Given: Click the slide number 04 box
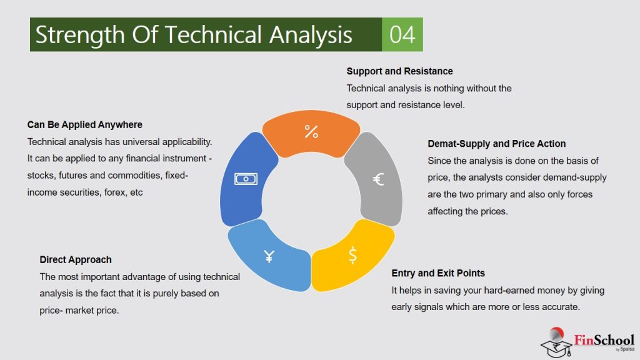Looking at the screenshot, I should (402, 34).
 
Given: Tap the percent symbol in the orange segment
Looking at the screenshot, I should (311, 131).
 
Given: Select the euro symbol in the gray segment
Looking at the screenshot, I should (378, 180).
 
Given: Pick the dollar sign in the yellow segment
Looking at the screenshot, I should (353, 255).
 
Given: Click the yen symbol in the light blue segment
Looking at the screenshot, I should (269, 256).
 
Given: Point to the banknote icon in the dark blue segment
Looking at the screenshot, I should (246, 179).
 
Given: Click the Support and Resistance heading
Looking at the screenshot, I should (399, 71).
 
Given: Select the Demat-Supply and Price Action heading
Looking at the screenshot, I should (496, 144).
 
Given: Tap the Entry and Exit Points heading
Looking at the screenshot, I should (438, 273).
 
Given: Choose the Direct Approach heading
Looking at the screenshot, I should (76, 259).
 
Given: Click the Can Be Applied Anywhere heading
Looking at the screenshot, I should (84, 125).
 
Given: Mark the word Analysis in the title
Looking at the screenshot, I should (311, 35).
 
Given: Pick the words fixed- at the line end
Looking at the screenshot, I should (177, 176).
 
